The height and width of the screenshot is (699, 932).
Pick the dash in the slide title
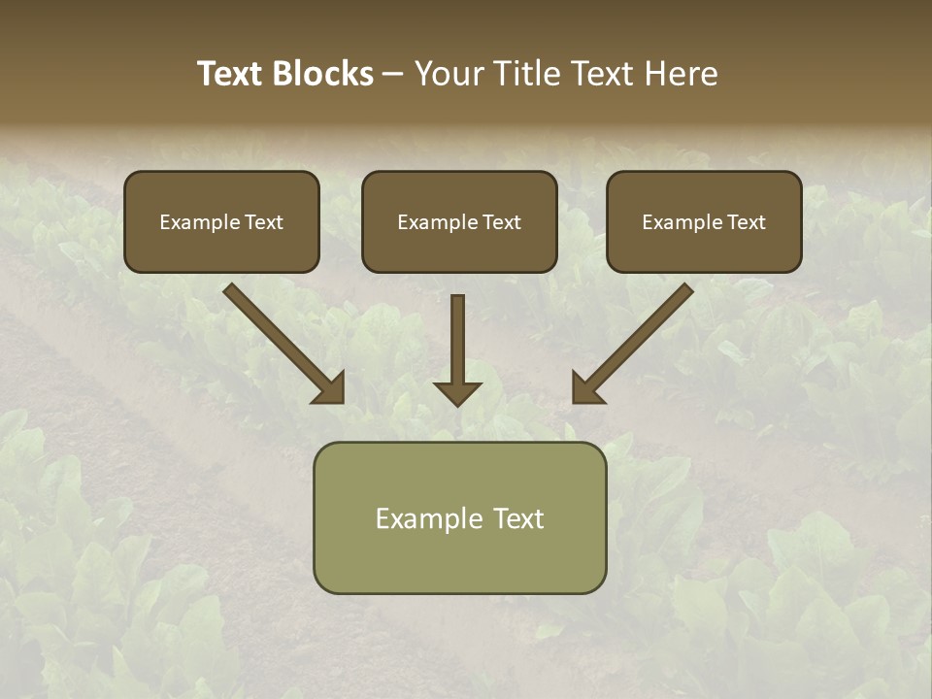coord(393,74)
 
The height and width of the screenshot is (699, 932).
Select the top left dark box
coord(221,221)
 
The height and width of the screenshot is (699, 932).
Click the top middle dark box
coord(459,221)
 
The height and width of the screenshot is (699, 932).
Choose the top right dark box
coord(704,221)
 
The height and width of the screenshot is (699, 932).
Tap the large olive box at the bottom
coord(459,517)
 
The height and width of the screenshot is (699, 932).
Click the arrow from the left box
coord(282,342)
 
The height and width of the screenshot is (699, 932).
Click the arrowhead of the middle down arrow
coord(457,392)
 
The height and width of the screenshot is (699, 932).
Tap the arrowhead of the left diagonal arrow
coord(331,389)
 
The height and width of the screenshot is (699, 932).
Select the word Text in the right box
coord(747,222)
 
